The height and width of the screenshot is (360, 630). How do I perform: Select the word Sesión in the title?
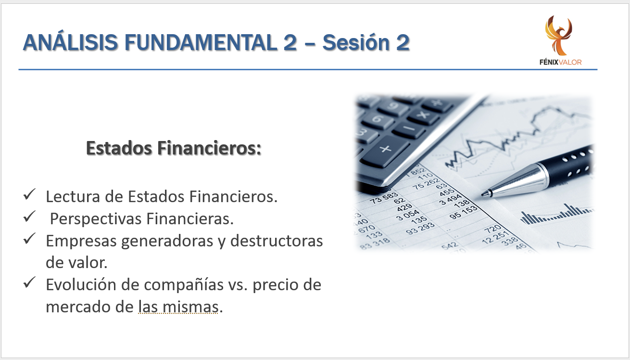pos(355,42)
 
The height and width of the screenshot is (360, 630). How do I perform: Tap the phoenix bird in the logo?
pos(558,35)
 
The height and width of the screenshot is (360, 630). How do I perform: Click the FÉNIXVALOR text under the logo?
pos(560,62)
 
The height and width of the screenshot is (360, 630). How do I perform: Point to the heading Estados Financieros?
pos(174,148)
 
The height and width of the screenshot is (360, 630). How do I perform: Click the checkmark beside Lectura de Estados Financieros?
pos(29,194)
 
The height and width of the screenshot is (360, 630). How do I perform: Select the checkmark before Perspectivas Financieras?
pos(29,217)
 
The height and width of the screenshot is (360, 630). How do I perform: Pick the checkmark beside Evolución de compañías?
pos(29,283)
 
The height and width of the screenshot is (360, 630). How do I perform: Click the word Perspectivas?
pos(96,219)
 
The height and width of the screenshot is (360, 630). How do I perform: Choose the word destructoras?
pos(277,241)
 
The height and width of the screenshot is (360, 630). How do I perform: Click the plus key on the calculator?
pos(386,149)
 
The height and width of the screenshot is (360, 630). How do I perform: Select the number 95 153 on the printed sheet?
pos(464,212)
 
